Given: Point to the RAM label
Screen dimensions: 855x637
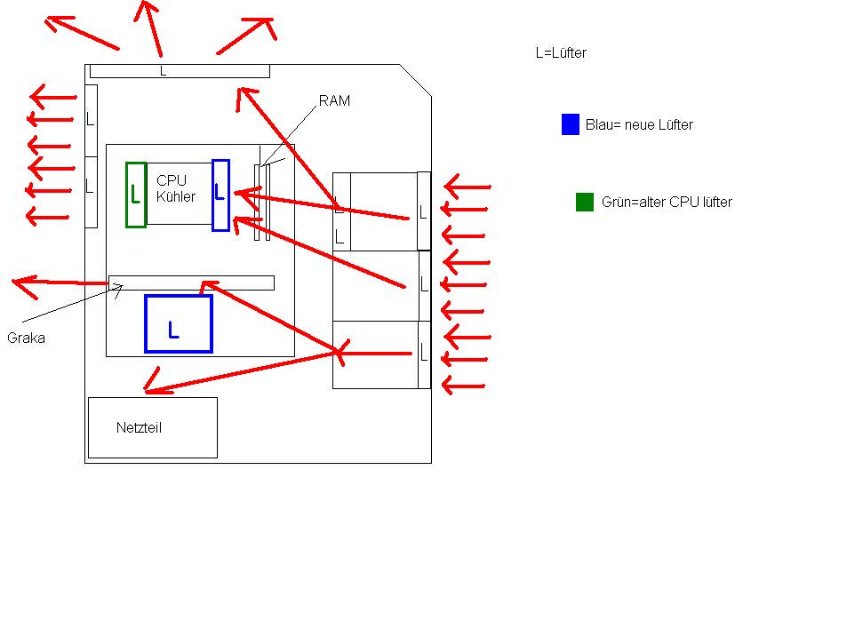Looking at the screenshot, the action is (334, 100).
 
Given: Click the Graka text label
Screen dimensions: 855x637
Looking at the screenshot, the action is (26, 338).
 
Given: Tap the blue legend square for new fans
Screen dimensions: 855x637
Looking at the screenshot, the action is (571, 124).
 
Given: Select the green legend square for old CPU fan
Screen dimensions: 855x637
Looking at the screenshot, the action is (585, 202).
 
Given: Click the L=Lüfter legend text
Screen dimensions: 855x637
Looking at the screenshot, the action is (561, 52).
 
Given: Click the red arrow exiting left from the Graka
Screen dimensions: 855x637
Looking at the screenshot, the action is (60, 283).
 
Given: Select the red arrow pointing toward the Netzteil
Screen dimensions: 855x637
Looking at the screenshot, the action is (241, 373).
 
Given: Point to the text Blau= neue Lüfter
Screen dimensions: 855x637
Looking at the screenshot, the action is (639, 124).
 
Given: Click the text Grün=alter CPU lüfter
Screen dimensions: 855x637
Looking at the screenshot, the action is (667, 203).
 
